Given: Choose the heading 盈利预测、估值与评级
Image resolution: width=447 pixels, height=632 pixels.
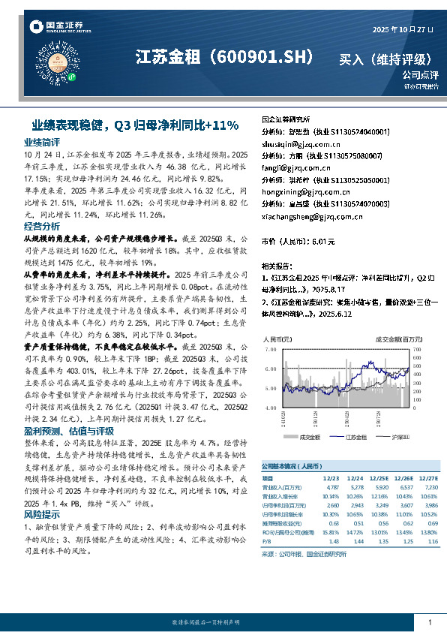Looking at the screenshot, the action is pyautogui.click(x=69, y=431).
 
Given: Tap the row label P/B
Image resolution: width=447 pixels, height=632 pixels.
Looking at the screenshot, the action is pyautogui.click(x=266, y=541).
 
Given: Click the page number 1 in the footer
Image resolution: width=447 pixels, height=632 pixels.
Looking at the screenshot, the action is pyautogui.click(x=429, y=622).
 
